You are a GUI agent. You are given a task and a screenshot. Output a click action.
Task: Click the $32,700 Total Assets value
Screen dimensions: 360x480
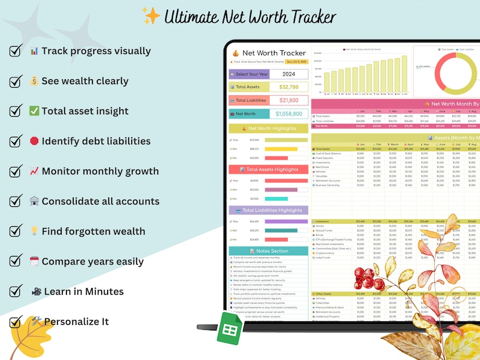click(x=288, y=87)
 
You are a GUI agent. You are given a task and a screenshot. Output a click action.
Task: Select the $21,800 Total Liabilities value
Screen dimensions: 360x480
click(x=288, y=100)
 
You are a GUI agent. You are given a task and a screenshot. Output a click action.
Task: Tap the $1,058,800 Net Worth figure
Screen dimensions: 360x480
click(x=288, y=114)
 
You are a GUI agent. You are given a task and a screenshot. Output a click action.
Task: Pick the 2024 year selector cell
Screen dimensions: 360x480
click(x=288, y=74)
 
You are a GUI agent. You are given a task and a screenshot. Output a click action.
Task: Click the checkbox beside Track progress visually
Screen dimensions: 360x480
click(x=16, y=51)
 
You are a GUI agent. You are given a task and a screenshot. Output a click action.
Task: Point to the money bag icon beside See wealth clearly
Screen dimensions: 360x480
click(x=34, y=81)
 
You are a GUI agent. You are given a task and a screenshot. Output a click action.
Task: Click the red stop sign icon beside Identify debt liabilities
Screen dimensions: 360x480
click(x=34, y=141)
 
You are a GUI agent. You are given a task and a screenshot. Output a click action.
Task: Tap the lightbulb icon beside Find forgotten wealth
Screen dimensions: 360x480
click(x=34, y=231)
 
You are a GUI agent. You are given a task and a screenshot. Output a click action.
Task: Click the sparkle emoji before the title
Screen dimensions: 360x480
click(x=152, y=16)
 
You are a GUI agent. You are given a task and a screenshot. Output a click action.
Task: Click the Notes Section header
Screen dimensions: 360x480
click(x=268, y=251)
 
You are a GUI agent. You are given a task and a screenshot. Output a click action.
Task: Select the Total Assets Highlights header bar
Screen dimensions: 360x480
click(x=268, y=170)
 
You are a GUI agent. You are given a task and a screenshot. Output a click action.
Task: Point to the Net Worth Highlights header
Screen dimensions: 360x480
click(x=268, y=129)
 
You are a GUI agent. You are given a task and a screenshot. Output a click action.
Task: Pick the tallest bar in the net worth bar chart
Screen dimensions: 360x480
click(x=404, y=75)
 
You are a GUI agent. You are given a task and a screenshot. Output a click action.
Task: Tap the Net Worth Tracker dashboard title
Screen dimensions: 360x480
click(x=273, y=53)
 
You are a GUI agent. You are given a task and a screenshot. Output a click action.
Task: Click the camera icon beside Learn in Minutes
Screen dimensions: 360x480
click(x=37, y=292)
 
